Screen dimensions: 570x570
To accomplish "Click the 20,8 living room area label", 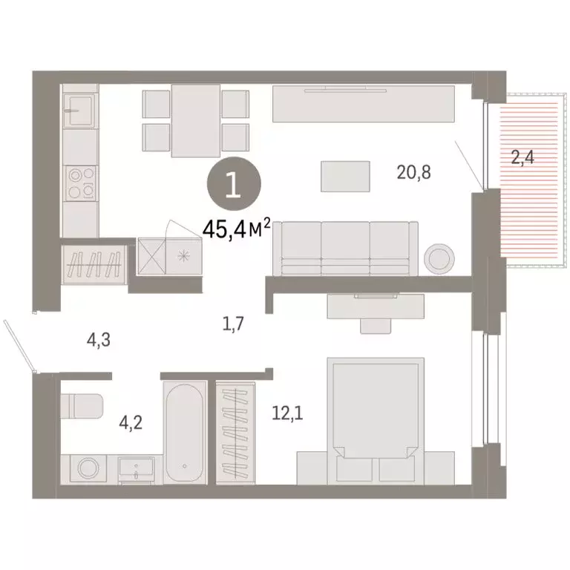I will click(x=414, y=173).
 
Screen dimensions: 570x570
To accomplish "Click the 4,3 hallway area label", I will click(x=100, y=341).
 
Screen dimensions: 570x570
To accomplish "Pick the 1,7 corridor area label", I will click(x=232, y=322).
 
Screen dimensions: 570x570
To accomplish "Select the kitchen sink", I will click(x=79, y=111).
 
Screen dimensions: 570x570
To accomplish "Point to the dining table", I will click(x=195, y=120).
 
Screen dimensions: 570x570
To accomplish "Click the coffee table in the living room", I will click(x=345, y=177).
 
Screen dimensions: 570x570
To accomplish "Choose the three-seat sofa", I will click(x=346, y=247).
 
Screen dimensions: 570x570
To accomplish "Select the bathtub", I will click(x=184, y=432).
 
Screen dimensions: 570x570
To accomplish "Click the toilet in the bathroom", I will click(x=82, y=405).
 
